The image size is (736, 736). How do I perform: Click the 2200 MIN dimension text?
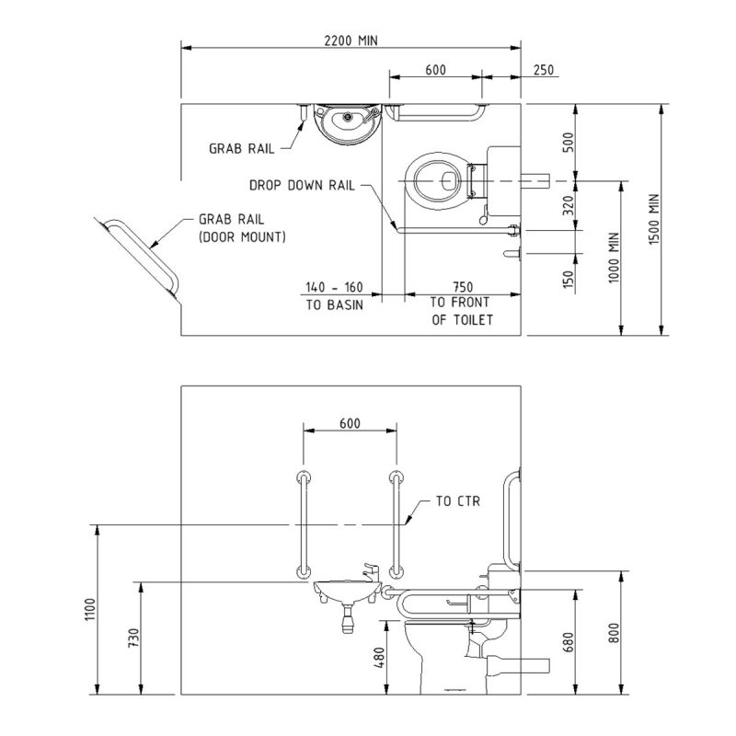pos(351,40)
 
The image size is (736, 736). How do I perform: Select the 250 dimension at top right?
pos(543,70)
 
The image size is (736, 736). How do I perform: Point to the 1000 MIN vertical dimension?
pos(614,258)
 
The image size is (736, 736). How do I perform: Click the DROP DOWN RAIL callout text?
pos(302,185)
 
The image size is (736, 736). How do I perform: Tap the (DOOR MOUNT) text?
pos(242,236)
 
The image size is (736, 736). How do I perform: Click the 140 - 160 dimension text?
pos(334,286)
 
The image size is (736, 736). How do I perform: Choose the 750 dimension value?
pos(462,286)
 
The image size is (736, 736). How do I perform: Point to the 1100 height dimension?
pos(89,611)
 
